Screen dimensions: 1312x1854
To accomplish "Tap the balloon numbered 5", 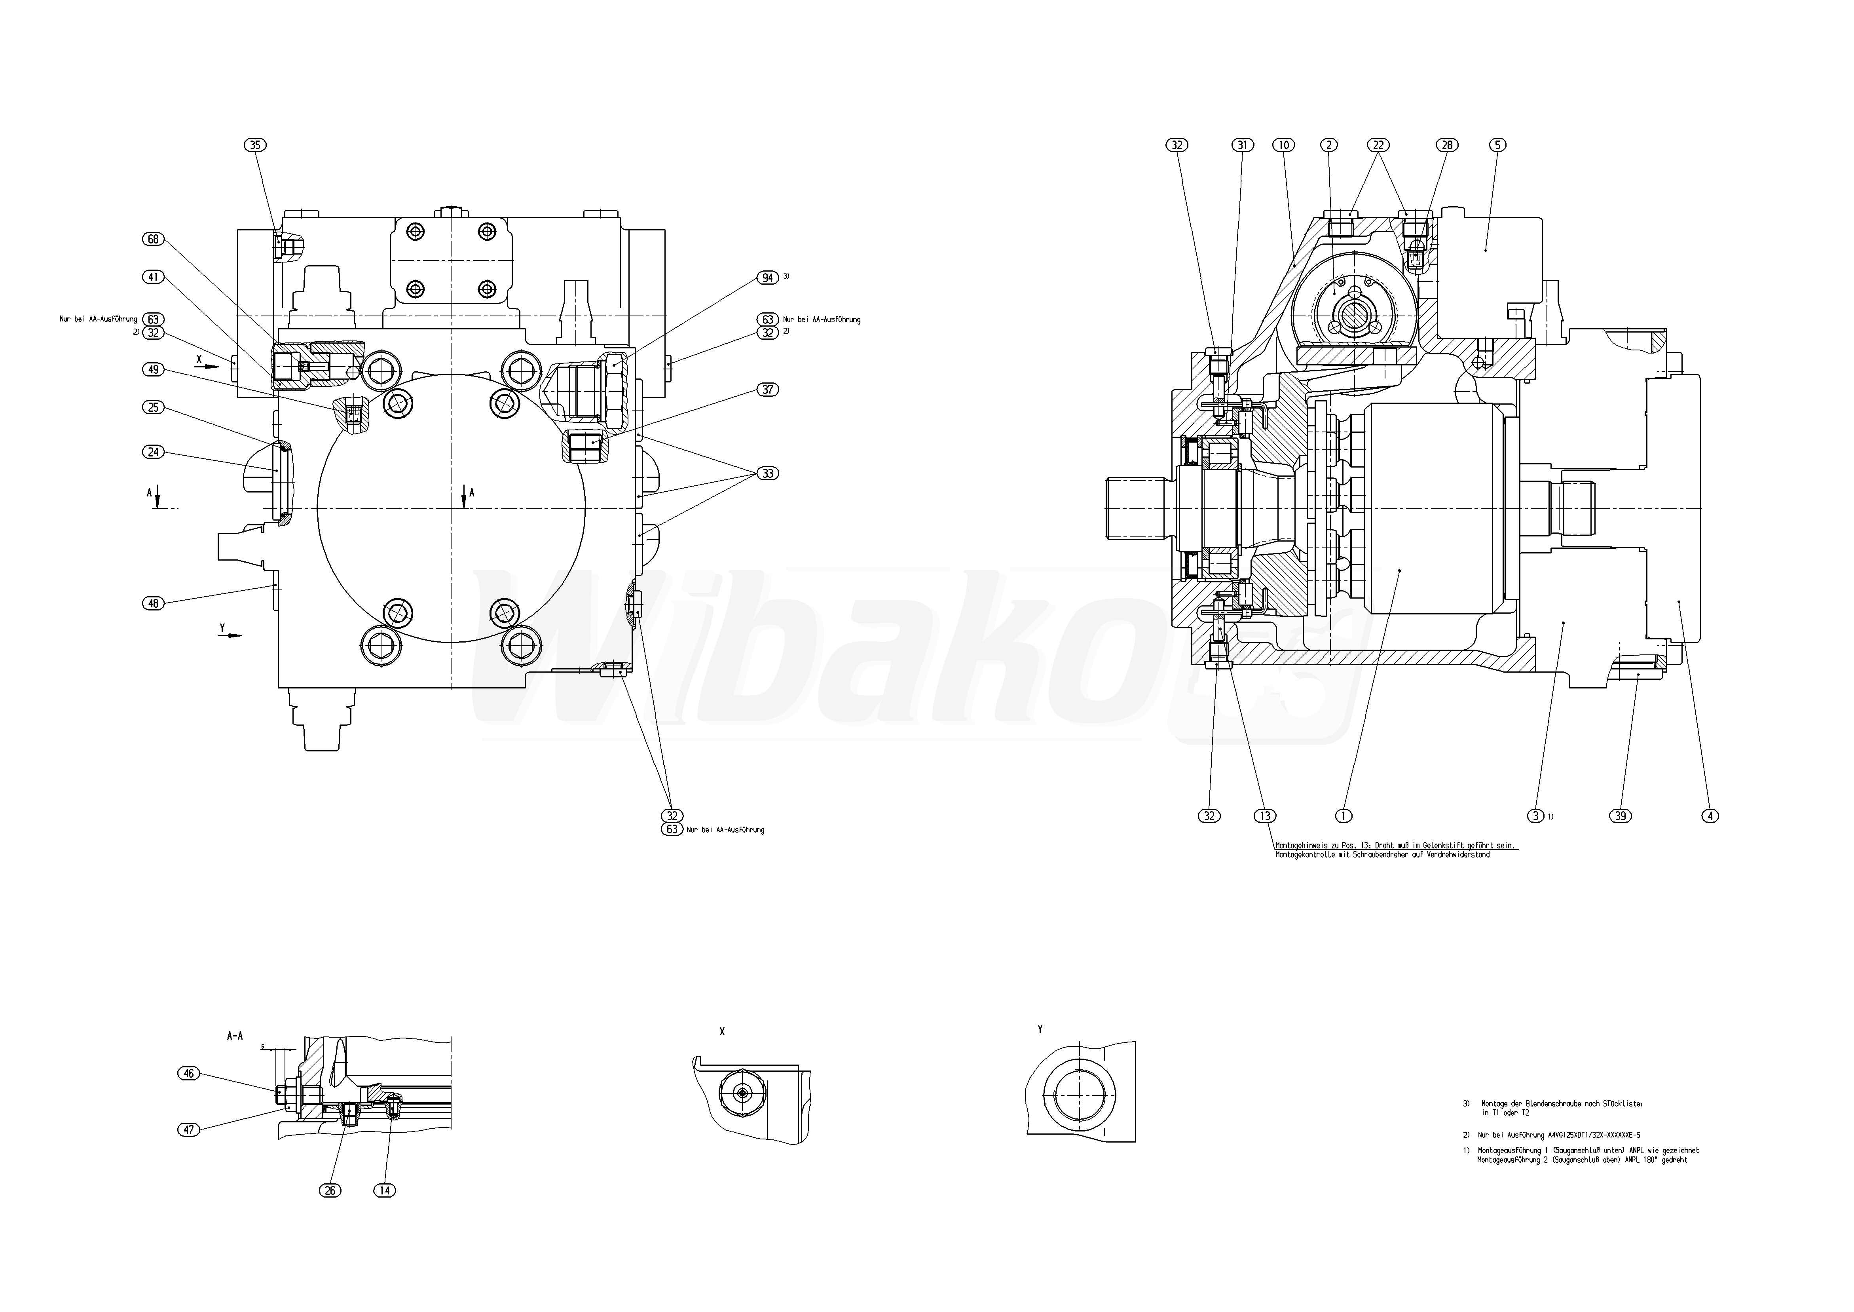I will click(1497, 145).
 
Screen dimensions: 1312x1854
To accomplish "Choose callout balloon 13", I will click(1264, 816).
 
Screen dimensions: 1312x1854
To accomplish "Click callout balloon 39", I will click(1620, 816).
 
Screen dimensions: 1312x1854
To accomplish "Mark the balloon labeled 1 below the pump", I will click(1344, 816).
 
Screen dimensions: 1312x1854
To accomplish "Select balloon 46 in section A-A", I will click(188, 1074).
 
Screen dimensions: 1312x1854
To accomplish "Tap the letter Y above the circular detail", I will click(1040, 1029).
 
